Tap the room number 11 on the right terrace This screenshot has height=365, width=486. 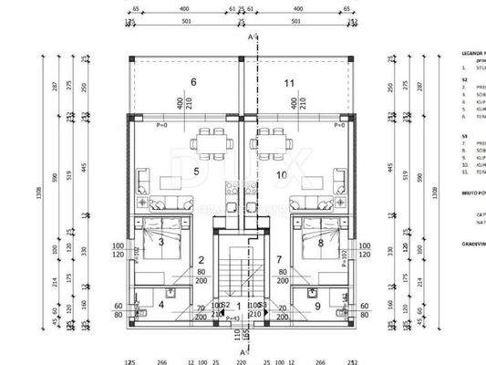(x=289, y=83)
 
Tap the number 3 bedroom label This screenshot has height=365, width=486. (x=160, y=242)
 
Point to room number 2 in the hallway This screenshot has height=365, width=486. (x=201, y=261)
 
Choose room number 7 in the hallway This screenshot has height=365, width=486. (x=280, y=261)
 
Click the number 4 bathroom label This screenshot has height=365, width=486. (x=162, y=305)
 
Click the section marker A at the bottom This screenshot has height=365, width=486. (x=243, y=349)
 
